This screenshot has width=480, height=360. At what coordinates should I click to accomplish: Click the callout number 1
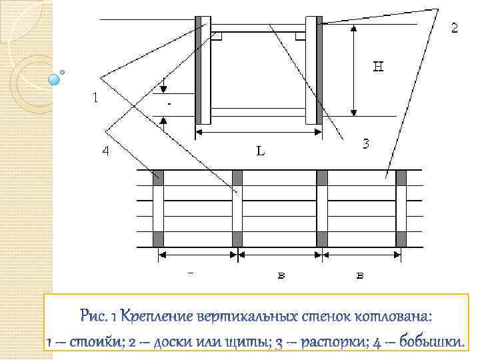point(97,97)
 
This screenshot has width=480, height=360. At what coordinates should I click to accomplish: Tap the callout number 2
point(454,28)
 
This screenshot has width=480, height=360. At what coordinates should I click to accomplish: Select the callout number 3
point(366,143)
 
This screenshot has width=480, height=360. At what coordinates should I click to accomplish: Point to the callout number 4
point(105,151)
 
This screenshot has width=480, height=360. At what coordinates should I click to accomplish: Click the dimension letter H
point(377,67)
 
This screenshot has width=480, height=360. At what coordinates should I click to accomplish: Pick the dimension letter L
point(261,151)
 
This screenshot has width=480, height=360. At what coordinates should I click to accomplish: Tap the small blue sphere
point(55,79)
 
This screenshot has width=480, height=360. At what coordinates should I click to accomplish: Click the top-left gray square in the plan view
point(159,178)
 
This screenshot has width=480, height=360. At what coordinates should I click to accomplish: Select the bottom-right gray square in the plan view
point(401,239)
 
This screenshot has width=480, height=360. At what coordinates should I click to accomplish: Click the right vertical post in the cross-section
point(313,70)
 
